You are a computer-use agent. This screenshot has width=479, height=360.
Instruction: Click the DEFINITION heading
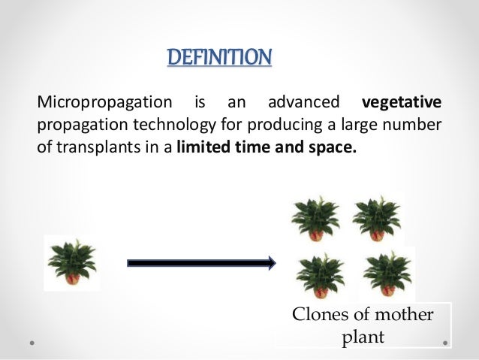pos(218,57)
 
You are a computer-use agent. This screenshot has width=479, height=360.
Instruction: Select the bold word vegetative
pos(402,102)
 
